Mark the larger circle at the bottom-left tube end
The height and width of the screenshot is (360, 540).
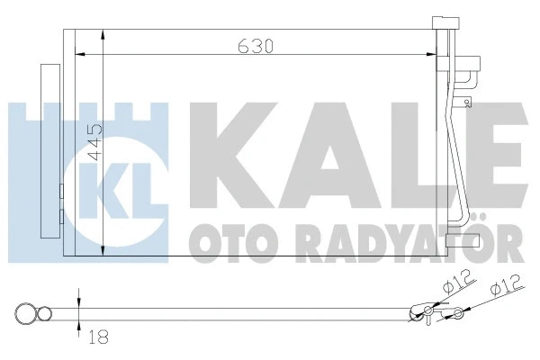pos(26,314)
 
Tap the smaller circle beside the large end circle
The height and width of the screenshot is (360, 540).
pos(43,314)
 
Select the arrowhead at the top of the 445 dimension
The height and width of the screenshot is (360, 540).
pos(105,35)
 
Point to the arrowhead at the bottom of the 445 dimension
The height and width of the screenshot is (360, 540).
pos(105,250)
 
